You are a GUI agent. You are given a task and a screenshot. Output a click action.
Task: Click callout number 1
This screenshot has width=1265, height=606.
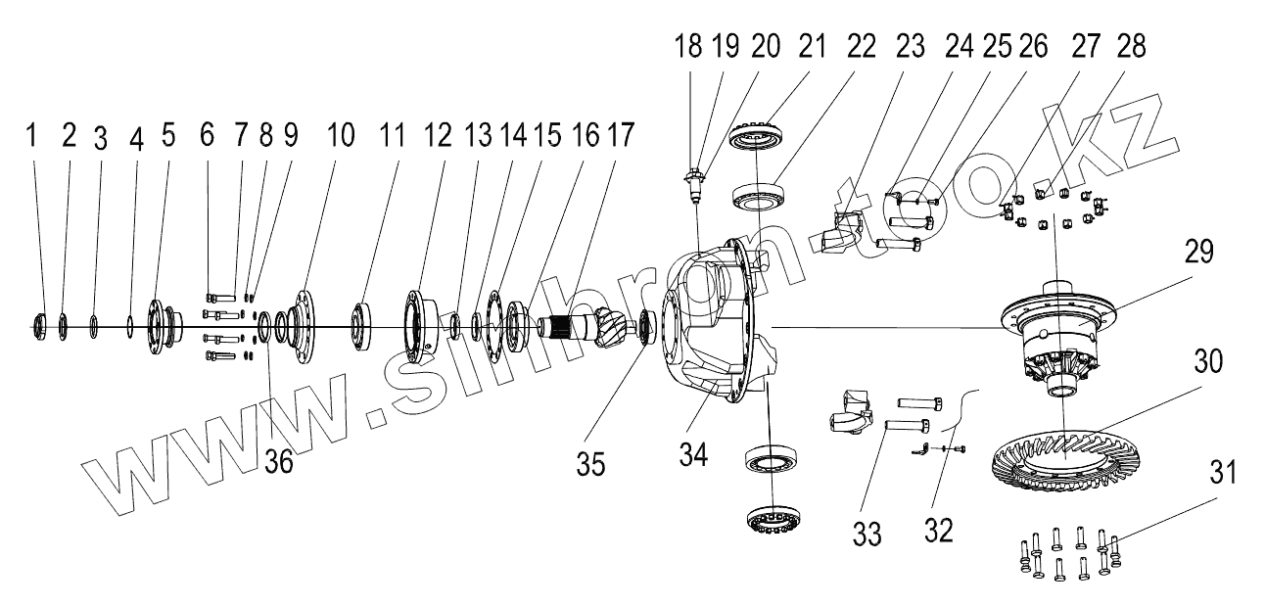click(31, 136)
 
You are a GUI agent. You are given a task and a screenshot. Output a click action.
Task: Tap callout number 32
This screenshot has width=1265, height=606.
click(938, 530)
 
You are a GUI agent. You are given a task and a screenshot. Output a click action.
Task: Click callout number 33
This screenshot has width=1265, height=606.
click(867, 534)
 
